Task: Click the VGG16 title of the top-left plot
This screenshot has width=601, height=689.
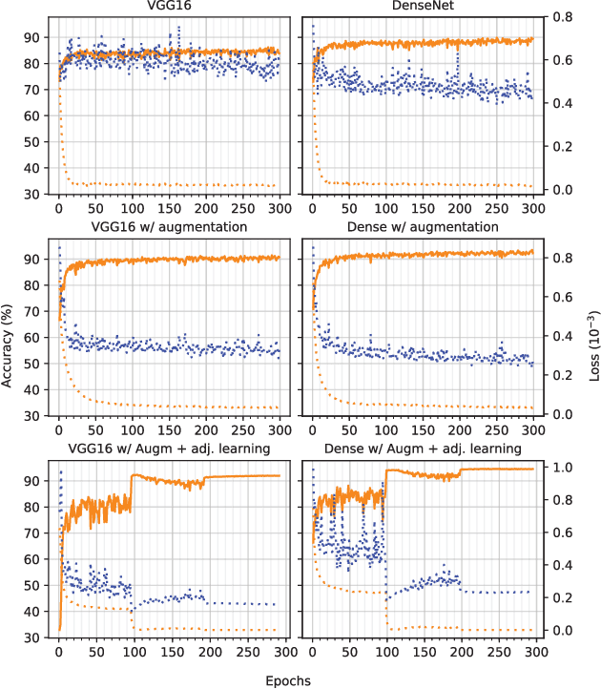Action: point(170,9)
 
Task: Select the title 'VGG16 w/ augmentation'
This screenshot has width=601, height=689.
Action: point(170,227)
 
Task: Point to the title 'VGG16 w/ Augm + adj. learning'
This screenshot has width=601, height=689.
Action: point(170,448)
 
